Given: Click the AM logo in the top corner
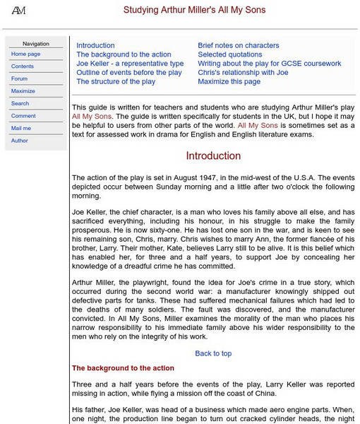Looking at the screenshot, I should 18,11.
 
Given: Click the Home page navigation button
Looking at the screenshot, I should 26,54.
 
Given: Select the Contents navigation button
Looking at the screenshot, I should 23,66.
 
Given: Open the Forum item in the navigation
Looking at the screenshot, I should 20,78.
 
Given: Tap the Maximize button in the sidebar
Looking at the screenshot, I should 23,91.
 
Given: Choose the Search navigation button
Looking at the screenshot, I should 20,103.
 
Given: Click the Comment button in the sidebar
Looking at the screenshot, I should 23,116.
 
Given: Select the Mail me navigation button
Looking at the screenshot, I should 21,128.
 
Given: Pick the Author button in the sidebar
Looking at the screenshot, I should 20,141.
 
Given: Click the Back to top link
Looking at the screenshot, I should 213,353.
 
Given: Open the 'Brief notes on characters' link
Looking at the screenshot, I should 238,45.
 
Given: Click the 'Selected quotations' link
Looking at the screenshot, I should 229,54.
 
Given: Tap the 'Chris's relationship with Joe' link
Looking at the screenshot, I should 243,73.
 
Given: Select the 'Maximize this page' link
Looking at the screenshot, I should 229,82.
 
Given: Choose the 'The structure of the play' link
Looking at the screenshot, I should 116,82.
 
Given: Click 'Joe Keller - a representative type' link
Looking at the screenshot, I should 130,64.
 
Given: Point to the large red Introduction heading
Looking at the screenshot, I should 213,156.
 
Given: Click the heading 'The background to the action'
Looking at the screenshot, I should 123,368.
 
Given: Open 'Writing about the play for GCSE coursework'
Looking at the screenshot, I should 269,64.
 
